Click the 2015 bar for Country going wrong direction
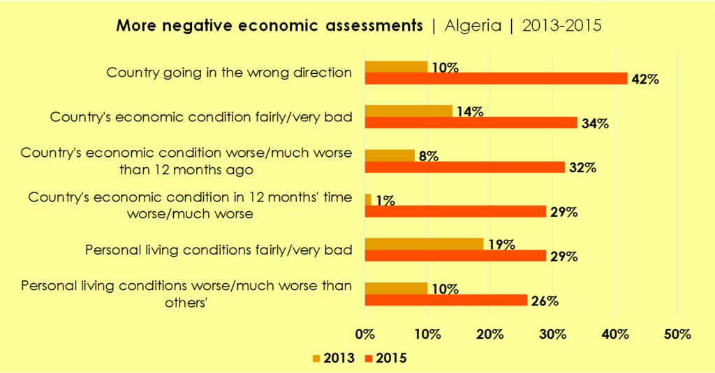coord(496,79)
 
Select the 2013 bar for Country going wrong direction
coord(396,67)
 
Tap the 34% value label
coord(595,124)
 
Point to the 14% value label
coord(470,112)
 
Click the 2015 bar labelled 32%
coord(464,167)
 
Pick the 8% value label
coord(428,156)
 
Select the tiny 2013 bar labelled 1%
coord(368,199)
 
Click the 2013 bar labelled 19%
coord(424,243)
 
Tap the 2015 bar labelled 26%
coord(446,300)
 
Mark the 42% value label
coord(645,79)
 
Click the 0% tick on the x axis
coord(364,334)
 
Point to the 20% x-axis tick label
coord(489,334)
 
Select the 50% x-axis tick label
coord(677,334)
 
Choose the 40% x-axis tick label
coord(614,334)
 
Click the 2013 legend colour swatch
coord(317,358)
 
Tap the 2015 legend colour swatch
coord(368,358)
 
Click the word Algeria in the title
coord(473,26)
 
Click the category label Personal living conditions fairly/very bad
coord(218,249)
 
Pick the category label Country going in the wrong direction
coord(228,72)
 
